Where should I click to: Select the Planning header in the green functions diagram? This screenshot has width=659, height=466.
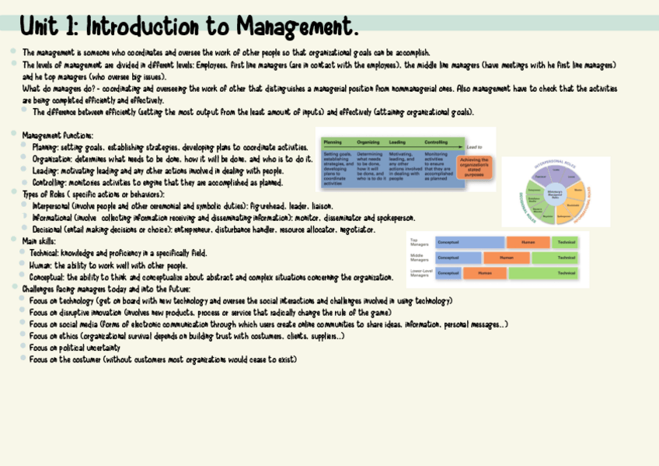[x=333, y=142]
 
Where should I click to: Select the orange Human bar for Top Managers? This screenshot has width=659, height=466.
[x=528, y=242]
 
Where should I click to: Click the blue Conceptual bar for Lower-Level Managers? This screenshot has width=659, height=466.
[x=448, y=273]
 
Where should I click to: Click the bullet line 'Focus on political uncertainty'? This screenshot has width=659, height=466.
[x=75, y=348]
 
